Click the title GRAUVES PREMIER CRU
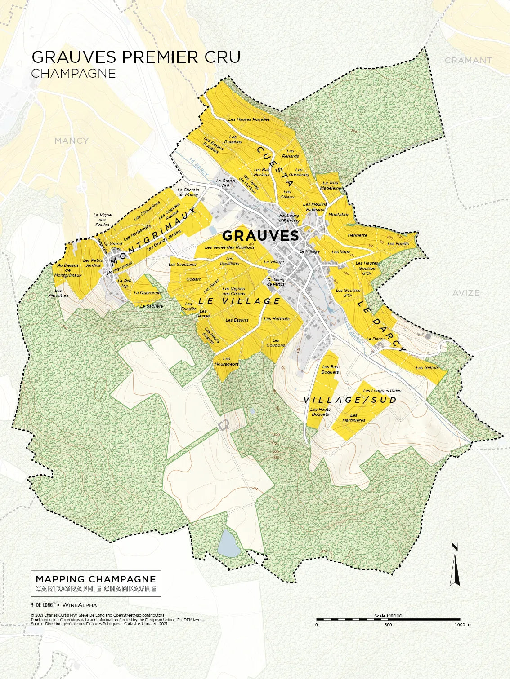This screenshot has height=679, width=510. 136,57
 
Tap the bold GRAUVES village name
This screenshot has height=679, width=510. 260,236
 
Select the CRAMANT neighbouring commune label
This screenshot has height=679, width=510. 468,60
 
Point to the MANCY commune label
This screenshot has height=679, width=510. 72,141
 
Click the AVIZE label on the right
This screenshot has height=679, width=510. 465,293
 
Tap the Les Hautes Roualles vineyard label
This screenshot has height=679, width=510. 249,119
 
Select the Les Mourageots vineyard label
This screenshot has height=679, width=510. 226,362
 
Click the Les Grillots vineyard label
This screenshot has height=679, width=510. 427,368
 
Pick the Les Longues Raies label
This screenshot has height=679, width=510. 382,391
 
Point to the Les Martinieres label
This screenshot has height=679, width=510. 354,418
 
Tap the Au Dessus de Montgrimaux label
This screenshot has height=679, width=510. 68,270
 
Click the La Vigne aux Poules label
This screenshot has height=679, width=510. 102,220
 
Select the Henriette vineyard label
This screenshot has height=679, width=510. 357,235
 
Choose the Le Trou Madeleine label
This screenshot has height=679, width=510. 331,185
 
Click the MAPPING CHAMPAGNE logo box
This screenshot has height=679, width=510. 95,583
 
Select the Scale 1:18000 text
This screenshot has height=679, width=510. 388,616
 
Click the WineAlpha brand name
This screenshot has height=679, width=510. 79,605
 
